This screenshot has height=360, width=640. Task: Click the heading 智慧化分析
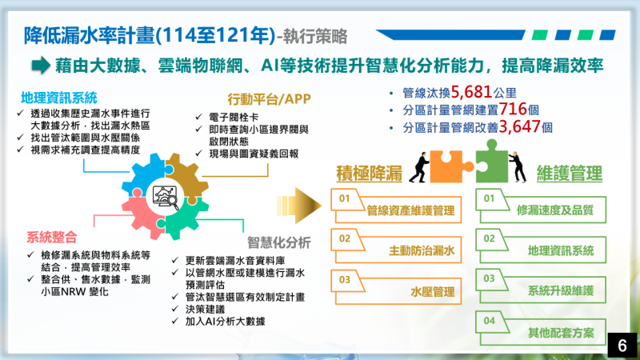tap(279, 242)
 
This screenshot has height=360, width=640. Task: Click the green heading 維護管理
tap(569, 174)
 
